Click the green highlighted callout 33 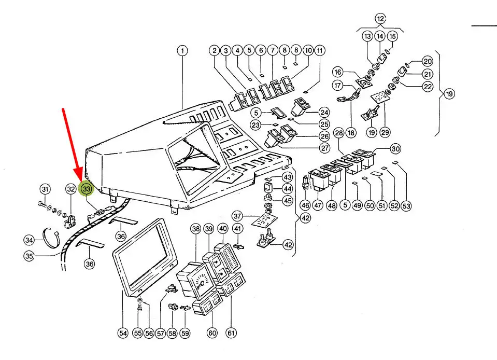pos(86,189)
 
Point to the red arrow pos(72,146)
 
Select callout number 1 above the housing pos(182,51)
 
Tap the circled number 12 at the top pos(381,19)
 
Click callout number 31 pos(45,189)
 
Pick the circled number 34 pos(30,240)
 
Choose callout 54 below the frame pos(122,334)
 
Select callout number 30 pos(395,149)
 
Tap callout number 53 pos(406,206)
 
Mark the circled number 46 pos(306,206)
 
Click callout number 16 pos(338,72)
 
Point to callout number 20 pos(428,61)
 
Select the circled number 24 pos(324,113)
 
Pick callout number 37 pos(237,215)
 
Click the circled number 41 pos(237,229)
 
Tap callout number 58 pos(172,334)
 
